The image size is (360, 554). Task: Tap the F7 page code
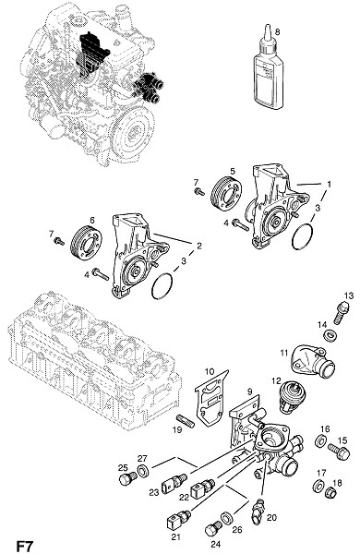(24, 545)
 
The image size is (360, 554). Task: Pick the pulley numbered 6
(86, 242)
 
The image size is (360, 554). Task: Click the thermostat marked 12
(293, 396)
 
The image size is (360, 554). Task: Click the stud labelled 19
(185, 421)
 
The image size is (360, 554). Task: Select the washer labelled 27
(144, 471)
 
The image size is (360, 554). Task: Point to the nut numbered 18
(330, 492)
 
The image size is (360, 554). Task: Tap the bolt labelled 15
(339, 452)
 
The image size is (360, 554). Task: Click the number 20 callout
(271, 517)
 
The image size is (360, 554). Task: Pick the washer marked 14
(330, 335)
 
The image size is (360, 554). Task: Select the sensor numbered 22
(203, 487)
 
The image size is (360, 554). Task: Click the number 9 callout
(250, 391)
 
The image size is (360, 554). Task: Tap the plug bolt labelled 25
(128, 479)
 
